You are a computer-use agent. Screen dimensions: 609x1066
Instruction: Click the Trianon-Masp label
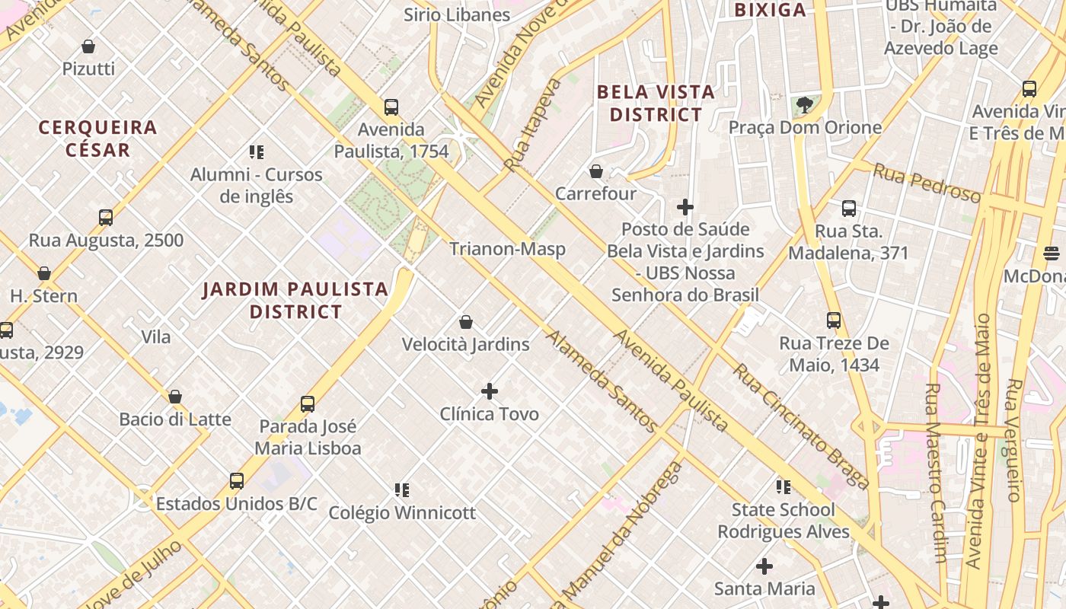pos(507,249)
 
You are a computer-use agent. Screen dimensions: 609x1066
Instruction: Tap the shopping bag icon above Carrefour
pos(596,171)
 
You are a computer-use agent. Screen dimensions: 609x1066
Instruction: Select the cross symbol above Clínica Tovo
pos(490,391)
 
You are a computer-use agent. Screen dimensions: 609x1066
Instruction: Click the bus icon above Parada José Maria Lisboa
pos(308,403)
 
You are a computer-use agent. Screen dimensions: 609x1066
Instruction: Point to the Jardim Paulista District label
pos(296,300)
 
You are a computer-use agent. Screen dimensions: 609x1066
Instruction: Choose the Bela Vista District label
pos(656,104)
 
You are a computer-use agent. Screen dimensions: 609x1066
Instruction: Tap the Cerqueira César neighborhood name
pos(97,138)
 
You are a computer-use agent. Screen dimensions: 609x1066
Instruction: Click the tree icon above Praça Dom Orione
pos(805,105)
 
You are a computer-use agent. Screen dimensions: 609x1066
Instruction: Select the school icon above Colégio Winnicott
pos(402,489)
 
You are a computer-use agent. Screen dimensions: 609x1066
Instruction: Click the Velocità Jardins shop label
pos(465,344)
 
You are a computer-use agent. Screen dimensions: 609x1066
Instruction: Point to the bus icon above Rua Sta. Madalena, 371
pos(849,209)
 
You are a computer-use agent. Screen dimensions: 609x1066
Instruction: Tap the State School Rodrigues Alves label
pos(784,520)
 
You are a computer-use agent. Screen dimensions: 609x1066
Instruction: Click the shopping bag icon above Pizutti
pos(88,46)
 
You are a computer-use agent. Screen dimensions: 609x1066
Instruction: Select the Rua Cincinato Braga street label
pos(801,427)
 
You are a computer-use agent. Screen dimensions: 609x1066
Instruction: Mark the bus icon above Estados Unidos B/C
pos(237,481)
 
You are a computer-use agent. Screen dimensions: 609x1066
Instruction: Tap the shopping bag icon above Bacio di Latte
pos(175,397)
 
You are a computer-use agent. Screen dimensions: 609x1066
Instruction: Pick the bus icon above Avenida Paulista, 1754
pos(391,107)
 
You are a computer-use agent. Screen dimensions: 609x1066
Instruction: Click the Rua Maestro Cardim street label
pos(935,472)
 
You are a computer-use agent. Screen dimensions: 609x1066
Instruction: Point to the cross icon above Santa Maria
pos(764,566)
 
